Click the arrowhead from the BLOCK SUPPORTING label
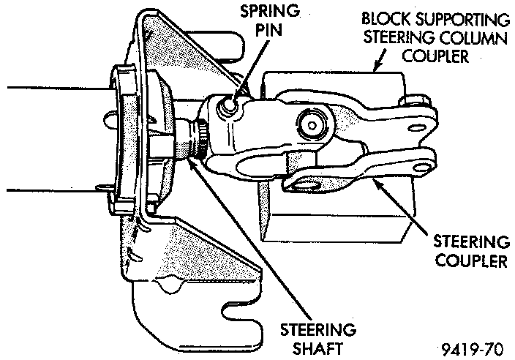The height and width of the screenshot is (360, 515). click(375, 72)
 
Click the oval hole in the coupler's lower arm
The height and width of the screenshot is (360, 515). click(304, 181)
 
